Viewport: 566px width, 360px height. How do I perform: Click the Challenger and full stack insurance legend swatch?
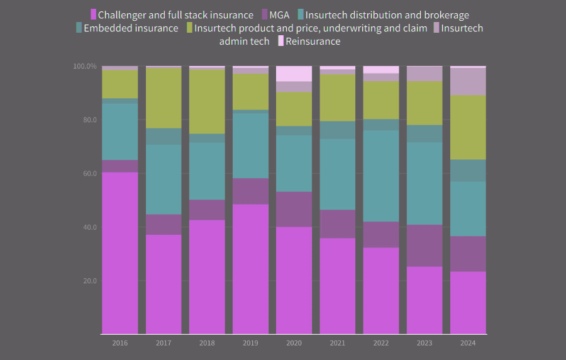tap(94, 14)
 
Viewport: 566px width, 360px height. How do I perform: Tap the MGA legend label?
tap(279, 14)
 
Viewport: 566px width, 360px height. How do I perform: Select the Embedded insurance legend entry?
tap(131, 28)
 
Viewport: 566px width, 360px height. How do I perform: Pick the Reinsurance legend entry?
tap(313, 41)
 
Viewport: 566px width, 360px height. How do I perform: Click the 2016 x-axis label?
tap(120, 343)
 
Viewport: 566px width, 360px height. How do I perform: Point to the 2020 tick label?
tap(294, 343)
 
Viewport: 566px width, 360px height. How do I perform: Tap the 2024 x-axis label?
tap(468, 343)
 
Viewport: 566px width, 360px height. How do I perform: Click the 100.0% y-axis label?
tap(85, 66)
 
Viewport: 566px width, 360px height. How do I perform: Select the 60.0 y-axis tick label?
tap(89, 174)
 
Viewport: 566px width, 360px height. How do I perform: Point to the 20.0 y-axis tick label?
tap(89, 281)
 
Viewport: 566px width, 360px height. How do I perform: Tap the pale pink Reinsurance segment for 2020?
tap(294, 74)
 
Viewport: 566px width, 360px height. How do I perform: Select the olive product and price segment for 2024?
tap(468, 127)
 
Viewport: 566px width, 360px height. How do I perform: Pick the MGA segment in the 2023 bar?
tap(425, 245)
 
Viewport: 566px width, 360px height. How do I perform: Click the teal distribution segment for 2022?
tap(381, 176)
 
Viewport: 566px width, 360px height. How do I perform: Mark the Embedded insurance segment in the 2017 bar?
tap(164, 137)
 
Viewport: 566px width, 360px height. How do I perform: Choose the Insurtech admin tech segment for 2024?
tap(468, 81)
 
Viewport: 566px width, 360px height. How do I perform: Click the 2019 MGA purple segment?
tap(250, 191)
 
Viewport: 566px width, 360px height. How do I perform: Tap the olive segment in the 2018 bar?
tap(207, 101)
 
